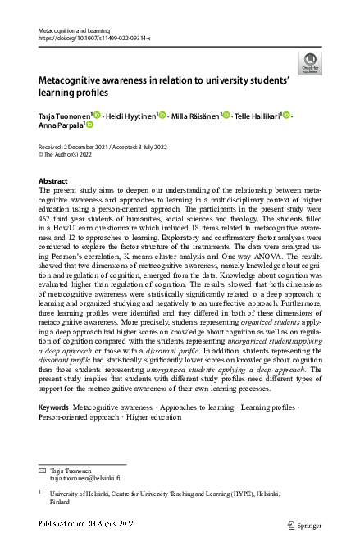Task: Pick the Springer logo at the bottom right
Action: (x=303, y=524)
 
